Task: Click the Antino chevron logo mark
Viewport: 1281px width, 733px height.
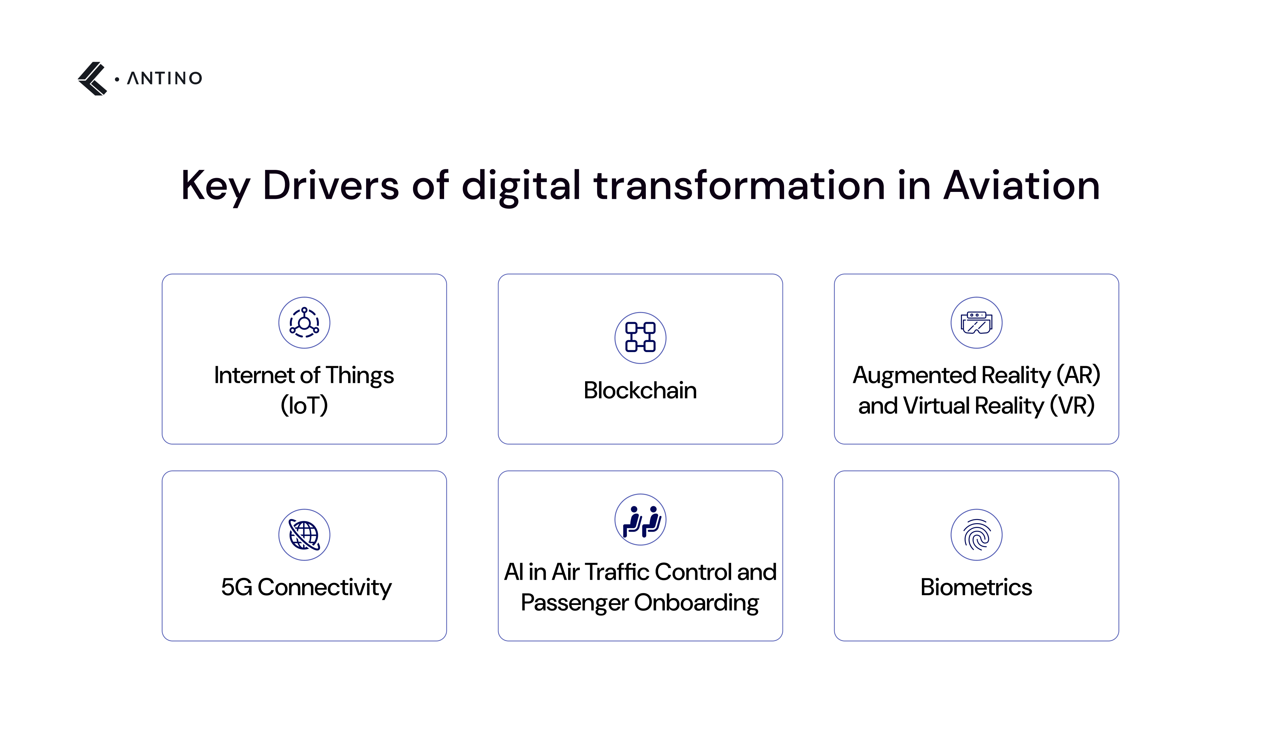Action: point(93,79)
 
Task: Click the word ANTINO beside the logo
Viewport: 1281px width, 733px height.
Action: point(165,79)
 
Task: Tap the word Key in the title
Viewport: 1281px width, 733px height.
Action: point(216,186)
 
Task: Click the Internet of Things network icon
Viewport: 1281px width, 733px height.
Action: point(304,323)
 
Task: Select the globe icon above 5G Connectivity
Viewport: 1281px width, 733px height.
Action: point(304,534)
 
